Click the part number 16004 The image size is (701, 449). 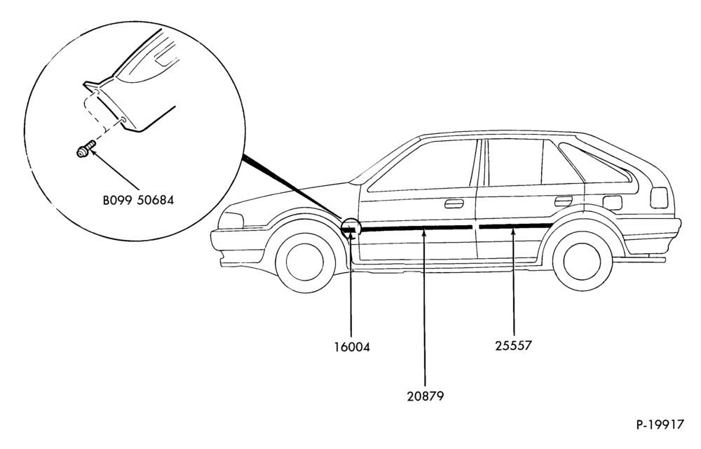(x=352, y=347)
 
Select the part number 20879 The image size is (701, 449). (x=426, y=396)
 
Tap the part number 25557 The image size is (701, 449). (x=513, y=346)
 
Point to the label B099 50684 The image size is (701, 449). (x=138, y=200)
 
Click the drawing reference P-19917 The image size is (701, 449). (x=660, y=424)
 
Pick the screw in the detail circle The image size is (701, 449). (x=86, y=149)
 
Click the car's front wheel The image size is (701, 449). (x=305, y=262)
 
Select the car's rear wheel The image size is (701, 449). (x=582, y=262)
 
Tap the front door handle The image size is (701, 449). (x=454, y=204)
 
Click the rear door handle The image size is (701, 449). (x=564, y=201)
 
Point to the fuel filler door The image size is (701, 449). (x=612, y=203)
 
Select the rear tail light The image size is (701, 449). (x=659, y=198)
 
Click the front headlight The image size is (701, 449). (x=231, y=220)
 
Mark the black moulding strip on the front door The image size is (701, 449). (x=416, y=229)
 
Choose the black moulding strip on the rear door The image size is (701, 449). (x=515, y=226)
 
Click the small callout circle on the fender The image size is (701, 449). (x=350, y=229)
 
